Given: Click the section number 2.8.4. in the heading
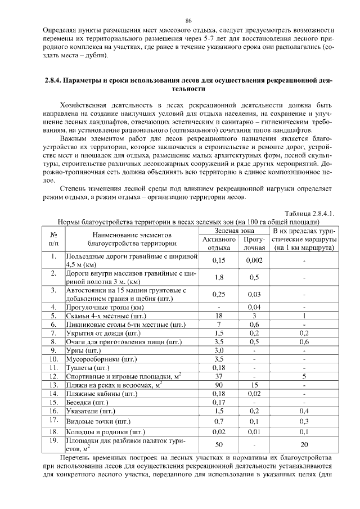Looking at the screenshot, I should pyautogui.click(x=55, y=82).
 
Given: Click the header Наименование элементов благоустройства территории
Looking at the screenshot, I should pyautogui.click(x=132, y=239).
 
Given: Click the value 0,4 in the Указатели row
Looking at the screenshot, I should pyautogui.click(x=304, y=411).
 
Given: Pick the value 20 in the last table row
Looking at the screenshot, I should pyautogui.click(x=304, y=444).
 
